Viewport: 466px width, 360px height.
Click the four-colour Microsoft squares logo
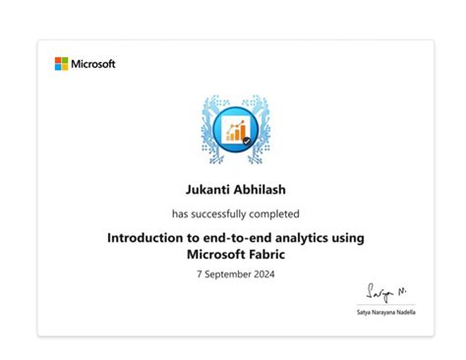pyautogui.click(x=61, y=64)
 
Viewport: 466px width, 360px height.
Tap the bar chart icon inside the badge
pyautogui.click(x=235, y=129)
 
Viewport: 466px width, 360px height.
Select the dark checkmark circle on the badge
pyautogui.click(x=247, y=142)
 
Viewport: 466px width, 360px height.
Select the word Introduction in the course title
pyautogui.click(x=148, y=237)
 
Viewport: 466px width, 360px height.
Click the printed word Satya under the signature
pyautogui.click(x=364, y=312)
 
